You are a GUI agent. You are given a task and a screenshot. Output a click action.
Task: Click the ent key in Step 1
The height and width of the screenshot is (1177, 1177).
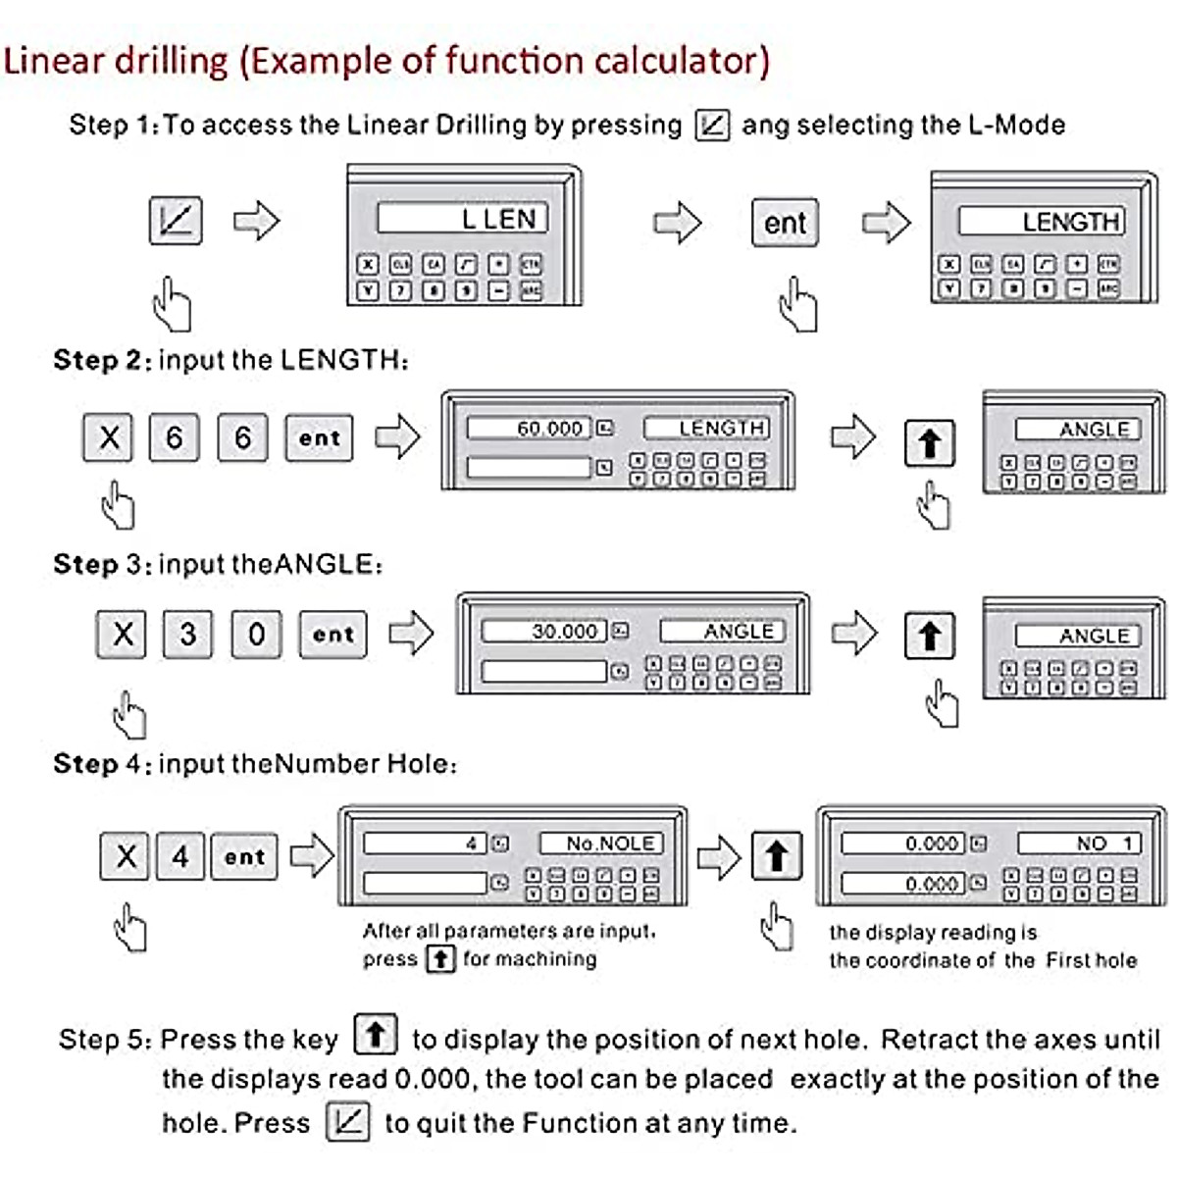[785, 223]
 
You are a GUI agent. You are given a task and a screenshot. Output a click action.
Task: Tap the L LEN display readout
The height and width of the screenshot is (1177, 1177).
[462, 219]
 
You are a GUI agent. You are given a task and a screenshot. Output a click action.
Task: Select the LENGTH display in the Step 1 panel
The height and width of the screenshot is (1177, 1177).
[1041, 222]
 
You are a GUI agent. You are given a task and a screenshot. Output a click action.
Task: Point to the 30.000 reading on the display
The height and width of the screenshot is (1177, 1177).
[545, 632]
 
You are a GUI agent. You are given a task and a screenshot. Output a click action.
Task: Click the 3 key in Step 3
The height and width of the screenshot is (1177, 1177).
[187, 634]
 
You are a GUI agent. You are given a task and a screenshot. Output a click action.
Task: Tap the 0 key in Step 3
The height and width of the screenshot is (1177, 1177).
[256, 634]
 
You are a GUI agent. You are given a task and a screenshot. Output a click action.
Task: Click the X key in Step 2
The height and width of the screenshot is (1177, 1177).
[109, 437]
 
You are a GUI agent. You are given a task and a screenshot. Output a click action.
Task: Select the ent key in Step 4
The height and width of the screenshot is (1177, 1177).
[244, 856]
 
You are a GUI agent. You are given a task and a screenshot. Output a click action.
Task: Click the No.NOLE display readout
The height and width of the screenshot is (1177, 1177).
[601, 844]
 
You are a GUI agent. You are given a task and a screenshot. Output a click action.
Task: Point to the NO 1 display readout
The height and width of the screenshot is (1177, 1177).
[1079, 844]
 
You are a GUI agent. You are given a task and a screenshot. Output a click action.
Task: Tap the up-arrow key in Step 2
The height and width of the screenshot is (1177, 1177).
[929, 443]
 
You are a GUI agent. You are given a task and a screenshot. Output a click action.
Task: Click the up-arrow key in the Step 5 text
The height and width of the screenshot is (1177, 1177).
[375, 1035]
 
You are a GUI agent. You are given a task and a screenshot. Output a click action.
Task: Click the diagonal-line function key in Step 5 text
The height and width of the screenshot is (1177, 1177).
[348, 1121]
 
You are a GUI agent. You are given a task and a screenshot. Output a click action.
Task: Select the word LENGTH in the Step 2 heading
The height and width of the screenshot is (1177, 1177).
[339, 360]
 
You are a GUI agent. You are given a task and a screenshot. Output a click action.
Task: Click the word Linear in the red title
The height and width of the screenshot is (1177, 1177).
[54, 61]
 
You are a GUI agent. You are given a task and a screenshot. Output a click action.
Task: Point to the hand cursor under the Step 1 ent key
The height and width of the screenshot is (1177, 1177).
[797, 305]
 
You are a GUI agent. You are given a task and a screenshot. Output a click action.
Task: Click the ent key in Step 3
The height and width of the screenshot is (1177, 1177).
[333, 634]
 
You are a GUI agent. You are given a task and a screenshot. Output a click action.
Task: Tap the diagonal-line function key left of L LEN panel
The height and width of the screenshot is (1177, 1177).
[176, 220]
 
